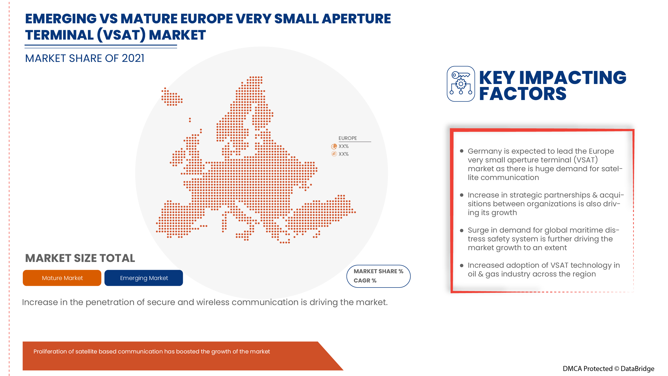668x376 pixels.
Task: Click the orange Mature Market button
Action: pos(62,278)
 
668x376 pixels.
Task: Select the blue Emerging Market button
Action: pos(144,278)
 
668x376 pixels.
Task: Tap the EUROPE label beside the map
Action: pos(347,138)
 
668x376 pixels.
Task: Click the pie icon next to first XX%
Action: pos(334,146)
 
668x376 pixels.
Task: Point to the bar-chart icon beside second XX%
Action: pos(334,154)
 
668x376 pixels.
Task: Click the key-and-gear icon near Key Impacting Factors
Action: pos(461,84)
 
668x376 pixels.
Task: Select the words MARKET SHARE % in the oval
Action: pos(378,271)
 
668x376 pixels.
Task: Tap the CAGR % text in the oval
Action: pos(365,280)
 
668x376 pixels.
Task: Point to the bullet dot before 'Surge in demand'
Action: pos(462,230)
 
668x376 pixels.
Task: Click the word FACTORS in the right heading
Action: pos(522,94)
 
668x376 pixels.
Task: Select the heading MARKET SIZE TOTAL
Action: pos(80,258)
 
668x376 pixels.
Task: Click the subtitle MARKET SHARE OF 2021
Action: pos(85,58)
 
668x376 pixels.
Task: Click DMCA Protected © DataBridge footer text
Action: pos(608,368)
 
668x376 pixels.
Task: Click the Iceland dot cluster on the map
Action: pos(172,97)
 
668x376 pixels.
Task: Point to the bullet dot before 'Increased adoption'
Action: pos(462,265)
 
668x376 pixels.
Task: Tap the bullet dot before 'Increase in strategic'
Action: pos(462,195)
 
